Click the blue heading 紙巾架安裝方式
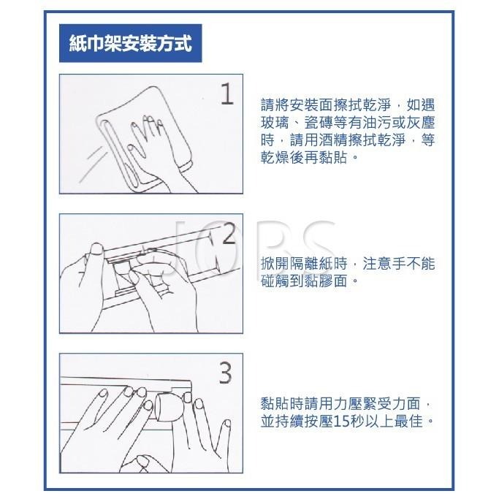(x=129, y=43)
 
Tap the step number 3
(x=226, y=374)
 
